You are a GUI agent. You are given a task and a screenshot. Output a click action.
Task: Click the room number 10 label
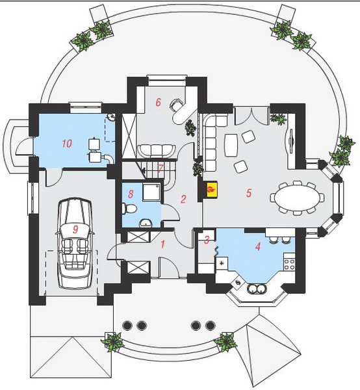(67, 144)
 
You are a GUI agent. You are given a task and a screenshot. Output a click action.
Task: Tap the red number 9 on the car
(75, 229)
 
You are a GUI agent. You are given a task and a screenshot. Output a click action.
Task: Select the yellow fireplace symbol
(211, 190)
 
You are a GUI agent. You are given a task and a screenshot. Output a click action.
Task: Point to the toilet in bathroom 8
(129, 209)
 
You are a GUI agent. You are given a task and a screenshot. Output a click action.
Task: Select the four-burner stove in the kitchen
(289, 265)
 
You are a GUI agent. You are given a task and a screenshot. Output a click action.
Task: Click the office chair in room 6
(175, 105)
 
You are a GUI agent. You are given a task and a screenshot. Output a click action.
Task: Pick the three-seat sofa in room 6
(156, 151)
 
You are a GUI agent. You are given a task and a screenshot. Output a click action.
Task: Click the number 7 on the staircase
(161, 168)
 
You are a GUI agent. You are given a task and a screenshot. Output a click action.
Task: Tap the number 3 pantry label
(207, 240)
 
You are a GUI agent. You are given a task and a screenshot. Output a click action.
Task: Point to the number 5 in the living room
(249, 193)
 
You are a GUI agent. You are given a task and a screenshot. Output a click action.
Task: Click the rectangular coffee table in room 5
(231, 145)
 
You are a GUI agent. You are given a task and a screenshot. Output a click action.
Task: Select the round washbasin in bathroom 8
(146, 223)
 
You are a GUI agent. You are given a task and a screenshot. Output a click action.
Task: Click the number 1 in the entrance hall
(162, 244)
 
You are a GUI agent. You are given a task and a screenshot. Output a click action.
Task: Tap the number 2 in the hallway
(183, 199)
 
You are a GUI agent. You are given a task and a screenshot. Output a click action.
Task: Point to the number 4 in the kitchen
(258, 247)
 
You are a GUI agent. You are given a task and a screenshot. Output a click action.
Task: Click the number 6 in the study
(158, 102)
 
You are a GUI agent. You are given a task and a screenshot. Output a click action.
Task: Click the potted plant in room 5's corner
(279, 119)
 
